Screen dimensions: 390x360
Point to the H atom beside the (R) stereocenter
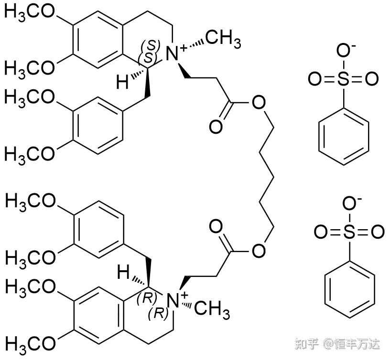click(x=123, y=274)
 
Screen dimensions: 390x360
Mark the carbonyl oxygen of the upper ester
click(x=216, y=127)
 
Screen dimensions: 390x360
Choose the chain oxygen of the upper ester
click(x=258, y=102)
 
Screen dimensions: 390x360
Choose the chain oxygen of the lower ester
click(x=259, y=250)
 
